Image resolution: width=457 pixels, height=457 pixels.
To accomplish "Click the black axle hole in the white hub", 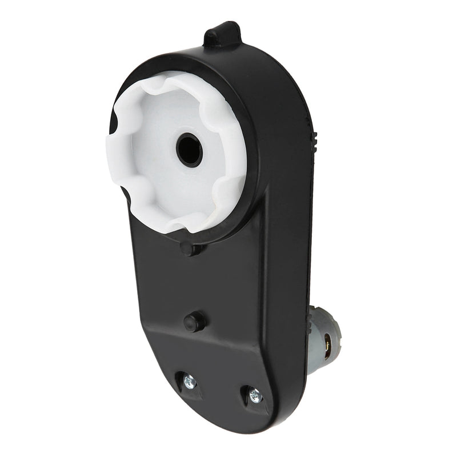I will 190,150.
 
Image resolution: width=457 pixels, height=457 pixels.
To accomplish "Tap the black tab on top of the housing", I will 223,35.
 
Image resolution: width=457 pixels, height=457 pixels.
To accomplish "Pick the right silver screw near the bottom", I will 255,395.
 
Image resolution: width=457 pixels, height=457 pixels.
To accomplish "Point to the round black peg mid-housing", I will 195,322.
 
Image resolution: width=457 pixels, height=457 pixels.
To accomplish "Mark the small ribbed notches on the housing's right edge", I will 314,140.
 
